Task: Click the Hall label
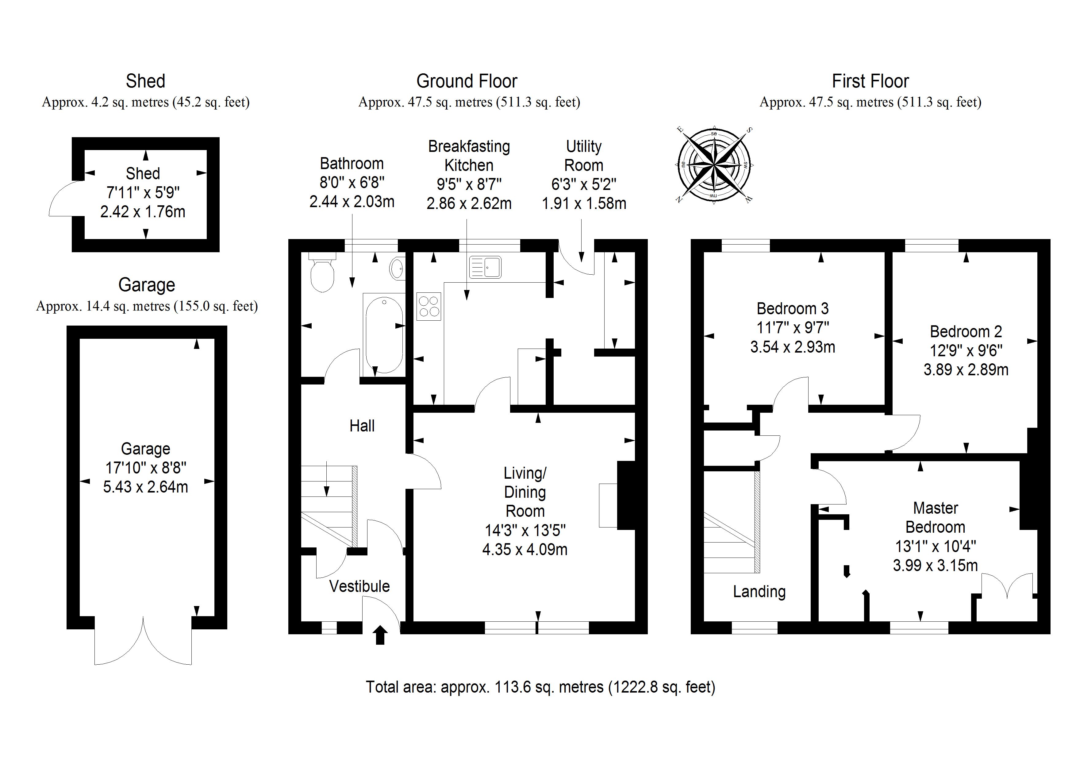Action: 362,426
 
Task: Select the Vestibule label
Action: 359,586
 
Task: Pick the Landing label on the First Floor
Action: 759,592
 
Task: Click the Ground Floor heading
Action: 467,81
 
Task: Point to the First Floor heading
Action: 870,81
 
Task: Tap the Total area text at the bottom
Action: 540,687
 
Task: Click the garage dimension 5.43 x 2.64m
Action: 145,487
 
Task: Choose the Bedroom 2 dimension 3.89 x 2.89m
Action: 966,369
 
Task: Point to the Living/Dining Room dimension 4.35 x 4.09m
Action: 525,549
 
